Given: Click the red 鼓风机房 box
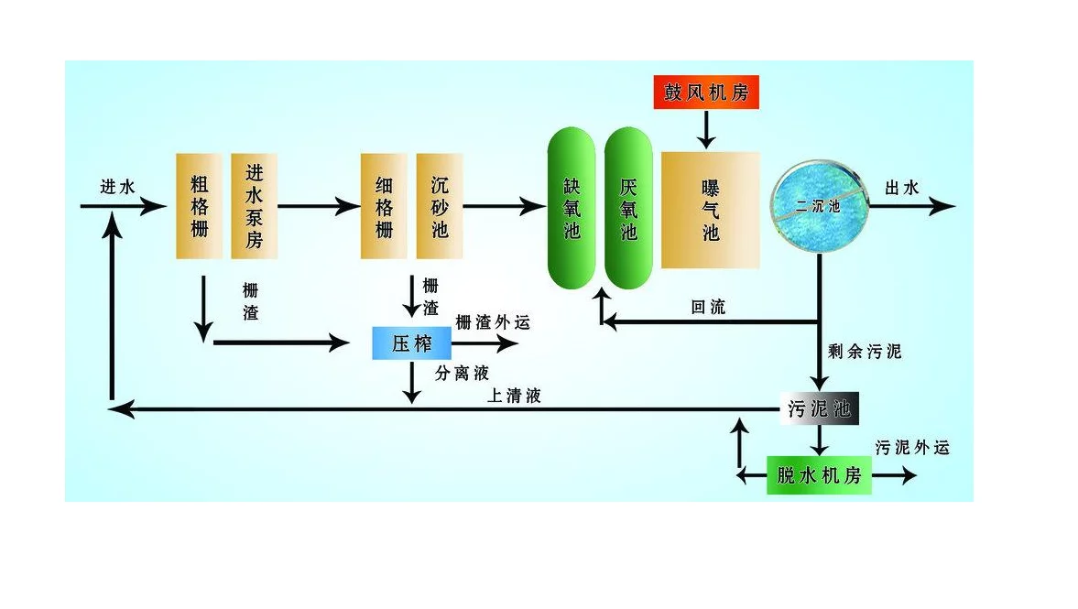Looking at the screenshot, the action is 706,92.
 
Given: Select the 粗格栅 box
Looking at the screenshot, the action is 199,206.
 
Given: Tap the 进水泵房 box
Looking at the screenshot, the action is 255,206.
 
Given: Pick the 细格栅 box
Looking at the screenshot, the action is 384,206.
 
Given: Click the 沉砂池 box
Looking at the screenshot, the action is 440,206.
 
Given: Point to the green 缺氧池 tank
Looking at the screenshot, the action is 572,208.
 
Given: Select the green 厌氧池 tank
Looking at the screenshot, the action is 628,208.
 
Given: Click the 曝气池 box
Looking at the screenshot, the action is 710,210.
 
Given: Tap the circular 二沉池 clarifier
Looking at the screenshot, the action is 820,206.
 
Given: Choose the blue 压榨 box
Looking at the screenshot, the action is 412,343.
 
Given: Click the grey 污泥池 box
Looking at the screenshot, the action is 819,409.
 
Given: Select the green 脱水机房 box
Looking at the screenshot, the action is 819,475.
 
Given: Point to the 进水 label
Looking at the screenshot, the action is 117,186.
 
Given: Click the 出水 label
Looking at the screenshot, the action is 902,188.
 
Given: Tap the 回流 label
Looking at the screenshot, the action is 708,307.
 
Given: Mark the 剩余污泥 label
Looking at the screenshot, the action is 865,352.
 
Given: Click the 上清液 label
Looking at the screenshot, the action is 514,396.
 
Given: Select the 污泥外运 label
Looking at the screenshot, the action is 912,448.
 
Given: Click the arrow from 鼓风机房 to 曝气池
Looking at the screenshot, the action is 706,129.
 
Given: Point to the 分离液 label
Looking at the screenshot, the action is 462,374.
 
